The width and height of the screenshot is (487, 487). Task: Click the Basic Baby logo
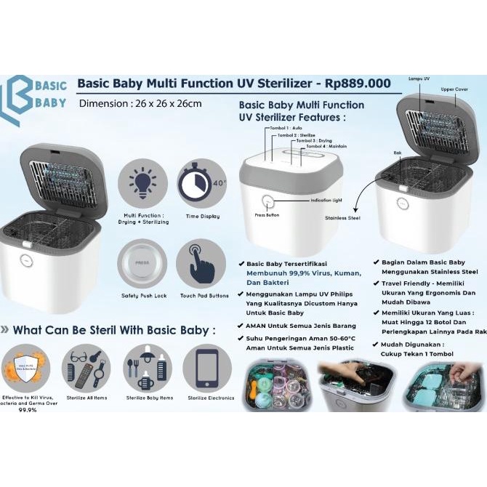(38, 93)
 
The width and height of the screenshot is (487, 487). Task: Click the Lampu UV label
(419, 77)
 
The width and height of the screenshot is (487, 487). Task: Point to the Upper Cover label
(455, 89)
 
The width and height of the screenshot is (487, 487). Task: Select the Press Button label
(267, 215)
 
